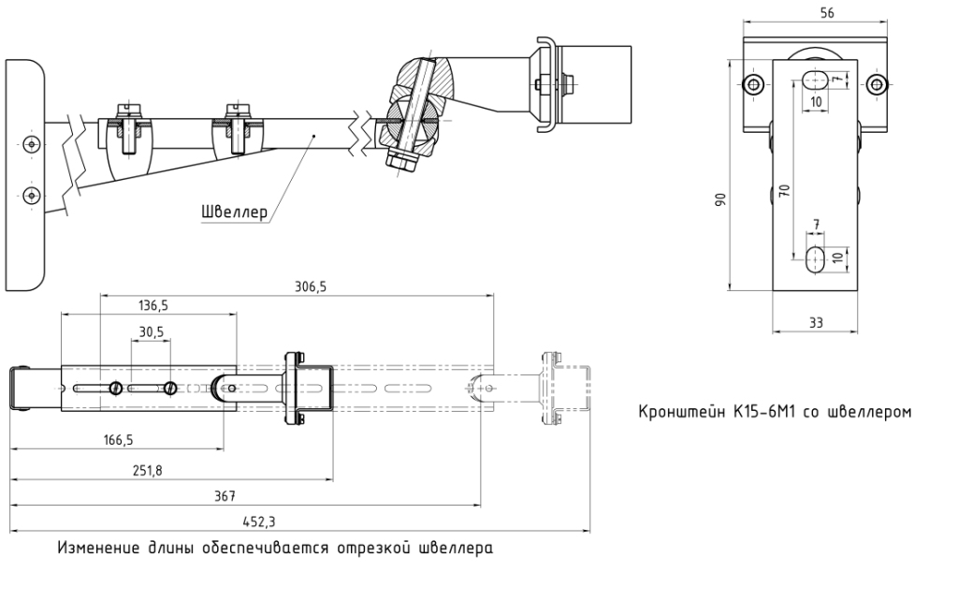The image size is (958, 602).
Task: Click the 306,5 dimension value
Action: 310,286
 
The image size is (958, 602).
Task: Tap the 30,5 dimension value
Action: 152,331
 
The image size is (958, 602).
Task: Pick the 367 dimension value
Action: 225,494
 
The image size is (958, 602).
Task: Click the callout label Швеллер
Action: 234,212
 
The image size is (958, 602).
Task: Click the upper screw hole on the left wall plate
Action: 33,144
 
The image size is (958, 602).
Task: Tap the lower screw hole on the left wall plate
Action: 33,195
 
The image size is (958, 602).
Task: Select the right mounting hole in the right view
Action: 876,85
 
